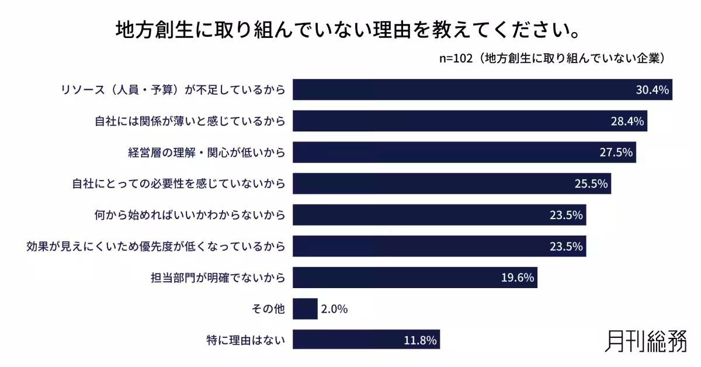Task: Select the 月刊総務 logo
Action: tap(646, 341)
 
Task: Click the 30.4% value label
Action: tap(652, 90)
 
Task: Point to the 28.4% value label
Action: tap(627, 122)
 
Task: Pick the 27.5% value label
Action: tap(616, 153)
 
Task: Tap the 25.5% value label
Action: tap(591, 184)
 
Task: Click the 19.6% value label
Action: tap(518, 278)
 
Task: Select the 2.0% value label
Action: tap(334, 309)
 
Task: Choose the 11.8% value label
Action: tap(421, 340)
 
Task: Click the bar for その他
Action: tap(305, 309)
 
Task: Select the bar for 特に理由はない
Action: tap(366, 340)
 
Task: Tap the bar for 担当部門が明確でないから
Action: tap(415, 278)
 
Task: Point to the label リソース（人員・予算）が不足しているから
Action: tap(173, 90)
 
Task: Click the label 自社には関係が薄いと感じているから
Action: tap(190, 122)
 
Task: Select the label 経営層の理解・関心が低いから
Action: tap(206, 153)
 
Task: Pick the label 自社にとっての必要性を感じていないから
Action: tap(178, 184)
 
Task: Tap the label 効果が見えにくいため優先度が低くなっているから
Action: tap(156, 247)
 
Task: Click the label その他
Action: tap(268, 309)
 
